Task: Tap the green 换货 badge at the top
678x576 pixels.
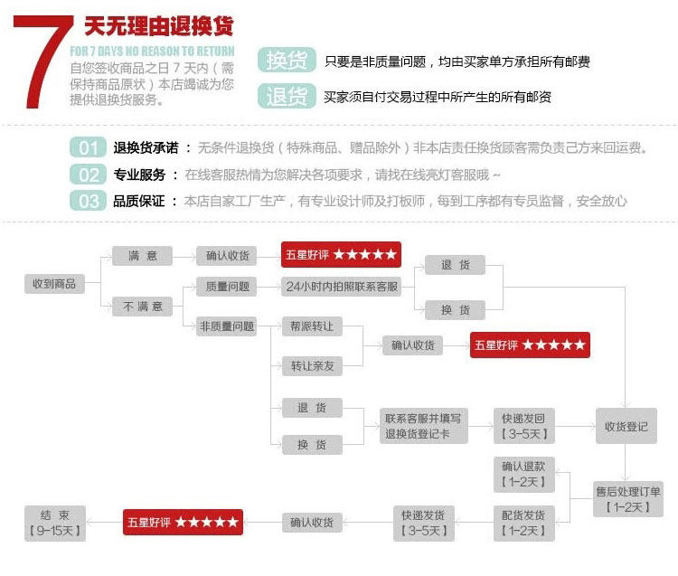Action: [286, 61]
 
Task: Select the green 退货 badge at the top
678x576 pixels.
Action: [286, 96]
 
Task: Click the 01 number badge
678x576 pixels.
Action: [88, 148]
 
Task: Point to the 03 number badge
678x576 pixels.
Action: [88, 201]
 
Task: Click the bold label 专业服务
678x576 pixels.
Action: [140, 175]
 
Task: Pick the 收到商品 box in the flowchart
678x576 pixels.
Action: [54, 283]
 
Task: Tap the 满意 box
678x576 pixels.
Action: [141, 257]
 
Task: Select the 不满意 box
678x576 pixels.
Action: [141, 307]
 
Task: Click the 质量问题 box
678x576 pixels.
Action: [225, 287]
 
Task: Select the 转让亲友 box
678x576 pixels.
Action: [312, 365]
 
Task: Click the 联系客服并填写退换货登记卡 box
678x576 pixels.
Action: [422, 426]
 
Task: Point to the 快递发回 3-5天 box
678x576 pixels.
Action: [524, 426]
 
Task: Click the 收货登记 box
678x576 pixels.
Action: [626, 426]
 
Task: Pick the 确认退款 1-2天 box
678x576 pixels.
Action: [524, 474]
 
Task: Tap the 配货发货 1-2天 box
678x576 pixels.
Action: [524, 523]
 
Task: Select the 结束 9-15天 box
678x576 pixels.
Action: [55, 523]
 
